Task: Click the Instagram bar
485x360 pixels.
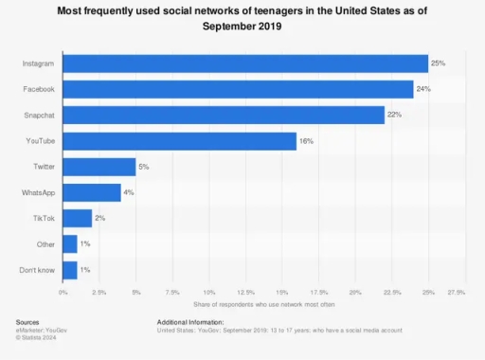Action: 245,63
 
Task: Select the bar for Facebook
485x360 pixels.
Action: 238,89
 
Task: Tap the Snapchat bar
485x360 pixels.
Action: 224,115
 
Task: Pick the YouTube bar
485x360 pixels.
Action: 180,140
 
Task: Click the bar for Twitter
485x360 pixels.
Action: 99,167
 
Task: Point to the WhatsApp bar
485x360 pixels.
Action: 92,192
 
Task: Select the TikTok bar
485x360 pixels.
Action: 78,218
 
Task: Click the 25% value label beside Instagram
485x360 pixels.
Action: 438,63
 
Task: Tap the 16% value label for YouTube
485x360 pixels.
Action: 306,140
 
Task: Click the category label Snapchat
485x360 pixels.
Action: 37,115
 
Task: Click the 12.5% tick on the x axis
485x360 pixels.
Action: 245,293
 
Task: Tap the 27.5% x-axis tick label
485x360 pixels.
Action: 455,293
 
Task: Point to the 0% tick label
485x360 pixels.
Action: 63,293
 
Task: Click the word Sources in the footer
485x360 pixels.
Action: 27,322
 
